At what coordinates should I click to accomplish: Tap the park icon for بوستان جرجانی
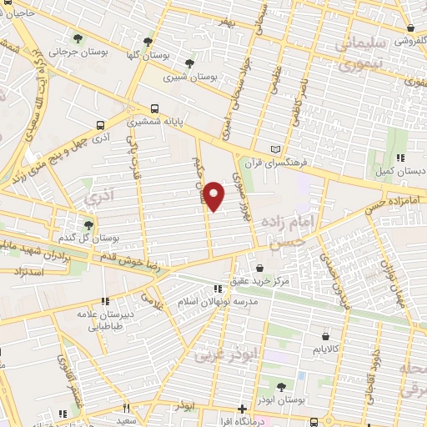[78, 38]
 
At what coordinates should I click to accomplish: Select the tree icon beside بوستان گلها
[148, 41]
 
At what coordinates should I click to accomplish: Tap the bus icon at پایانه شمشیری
[155, 108]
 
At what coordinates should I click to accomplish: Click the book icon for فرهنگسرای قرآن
[266, 147]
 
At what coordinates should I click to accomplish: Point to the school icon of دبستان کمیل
[400, 157]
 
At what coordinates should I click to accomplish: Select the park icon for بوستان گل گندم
[88, 225]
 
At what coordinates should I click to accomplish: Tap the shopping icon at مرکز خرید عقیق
[262, 269]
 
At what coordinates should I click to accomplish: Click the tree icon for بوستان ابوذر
[279, 385]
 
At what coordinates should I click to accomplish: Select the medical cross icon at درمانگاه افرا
[242, 409]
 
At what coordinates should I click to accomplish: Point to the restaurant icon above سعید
[127, 409]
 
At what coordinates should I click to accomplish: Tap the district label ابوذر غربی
[228, 355]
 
